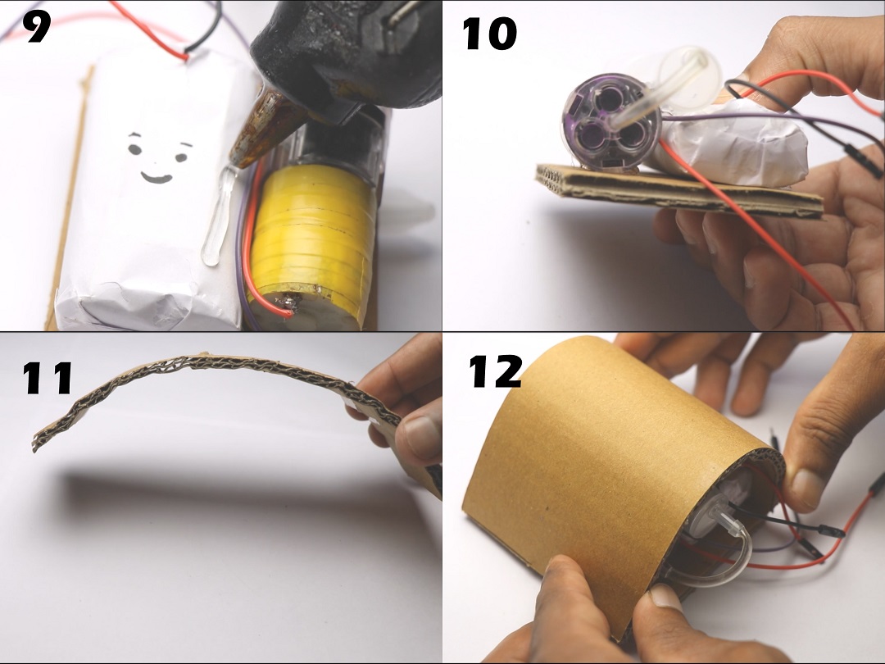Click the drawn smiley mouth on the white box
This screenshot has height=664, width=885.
click(x=155, y=176)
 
